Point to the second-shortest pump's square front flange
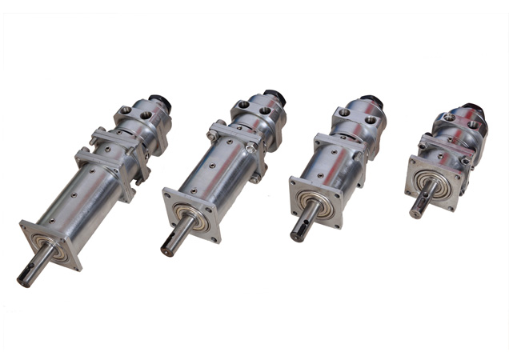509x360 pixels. tap(315, 204)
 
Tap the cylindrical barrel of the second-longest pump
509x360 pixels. tap(220, 172)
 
